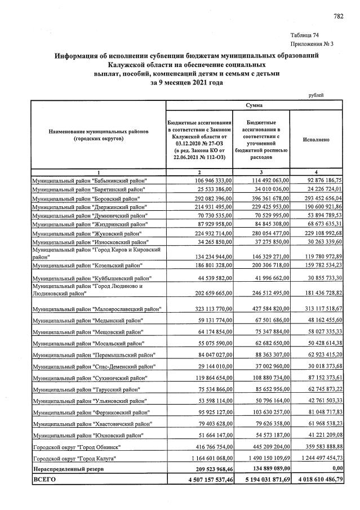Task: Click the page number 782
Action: click(338, 16)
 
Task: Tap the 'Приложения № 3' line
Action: click(313, 44)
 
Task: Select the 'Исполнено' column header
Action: click(315, 138)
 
